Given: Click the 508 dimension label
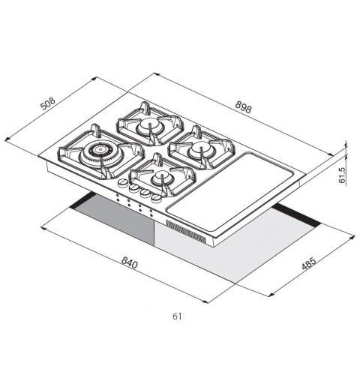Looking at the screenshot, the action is click(48, 103).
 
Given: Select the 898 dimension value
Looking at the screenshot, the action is click(243, 108).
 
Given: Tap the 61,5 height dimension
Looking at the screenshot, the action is click(342, 175).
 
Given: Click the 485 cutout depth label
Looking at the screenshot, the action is click(308, 263).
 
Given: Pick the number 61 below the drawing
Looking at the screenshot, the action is click(177, 316).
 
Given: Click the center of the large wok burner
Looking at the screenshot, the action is click(100, 150).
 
